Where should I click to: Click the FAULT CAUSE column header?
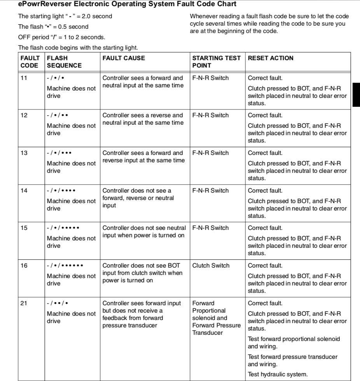(x=123, y=58)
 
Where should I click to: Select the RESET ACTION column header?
(x=270, y=58)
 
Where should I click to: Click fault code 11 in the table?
(x=24, y=78)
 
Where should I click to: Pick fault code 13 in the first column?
(x=24, y=153)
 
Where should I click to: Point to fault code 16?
(x=24, y=266)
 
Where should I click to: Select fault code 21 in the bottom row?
(x=24, y=303)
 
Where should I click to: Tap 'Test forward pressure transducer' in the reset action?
(x=292, y=357)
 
